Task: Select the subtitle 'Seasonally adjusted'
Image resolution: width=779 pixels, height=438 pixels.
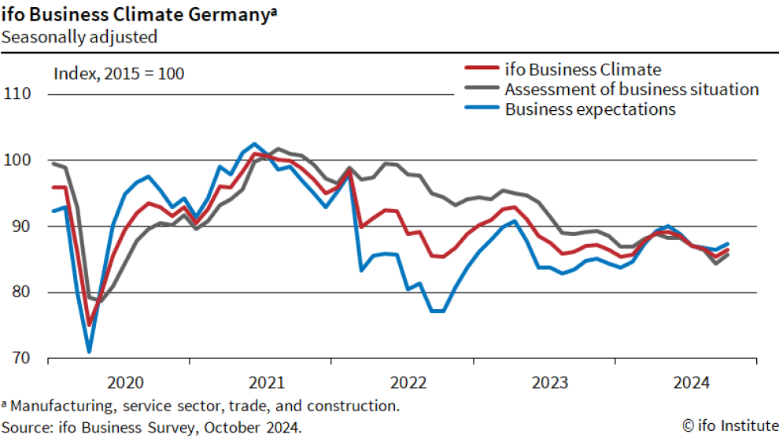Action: tap(79, 36)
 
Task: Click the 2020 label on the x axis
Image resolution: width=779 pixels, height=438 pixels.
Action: tap(125, 383)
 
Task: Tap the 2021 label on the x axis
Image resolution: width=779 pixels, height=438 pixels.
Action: tap(267, 383)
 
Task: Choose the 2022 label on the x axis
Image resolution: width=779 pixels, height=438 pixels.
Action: tap(408, 383)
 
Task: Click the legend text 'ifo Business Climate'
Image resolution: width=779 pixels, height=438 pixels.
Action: tap(582, 69)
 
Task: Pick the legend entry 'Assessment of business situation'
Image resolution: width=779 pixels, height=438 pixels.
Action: tap(631, 89)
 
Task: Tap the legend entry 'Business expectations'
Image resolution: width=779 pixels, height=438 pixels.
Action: tap(590, 109)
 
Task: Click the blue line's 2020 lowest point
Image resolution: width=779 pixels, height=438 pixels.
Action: tap(89, 351)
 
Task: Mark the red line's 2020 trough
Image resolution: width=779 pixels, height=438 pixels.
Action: tap(89, 324)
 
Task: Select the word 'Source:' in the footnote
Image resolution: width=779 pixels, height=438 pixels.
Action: tap(28, 426)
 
